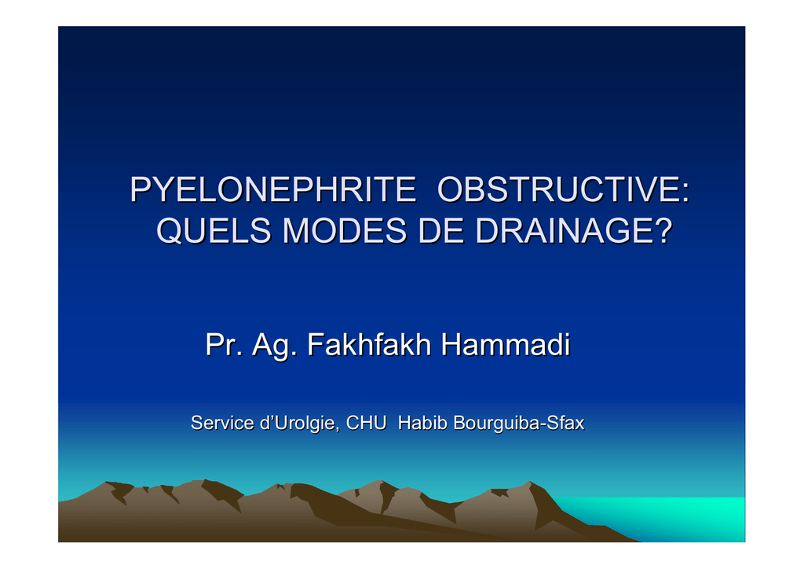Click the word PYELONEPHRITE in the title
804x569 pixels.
click(272, 189)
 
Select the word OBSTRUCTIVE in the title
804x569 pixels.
click(558, 189)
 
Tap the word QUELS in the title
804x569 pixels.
click(214, 230)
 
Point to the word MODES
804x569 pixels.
click(345, 230)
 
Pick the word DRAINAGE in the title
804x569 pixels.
click(565, 230)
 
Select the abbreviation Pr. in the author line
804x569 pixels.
click(224, 344)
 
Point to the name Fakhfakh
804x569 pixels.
click(369, 344)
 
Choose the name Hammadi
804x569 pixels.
click(506, 344)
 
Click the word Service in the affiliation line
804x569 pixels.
click(222, 423)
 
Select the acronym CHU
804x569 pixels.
click(366, 423)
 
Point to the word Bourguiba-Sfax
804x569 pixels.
click(519, 424)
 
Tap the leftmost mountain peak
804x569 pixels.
click(106, 483)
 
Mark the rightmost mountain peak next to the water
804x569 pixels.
click(530, 482)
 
